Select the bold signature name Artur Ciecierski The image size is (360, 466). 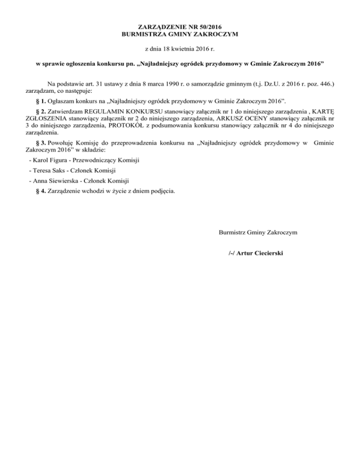pos(260,253)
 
